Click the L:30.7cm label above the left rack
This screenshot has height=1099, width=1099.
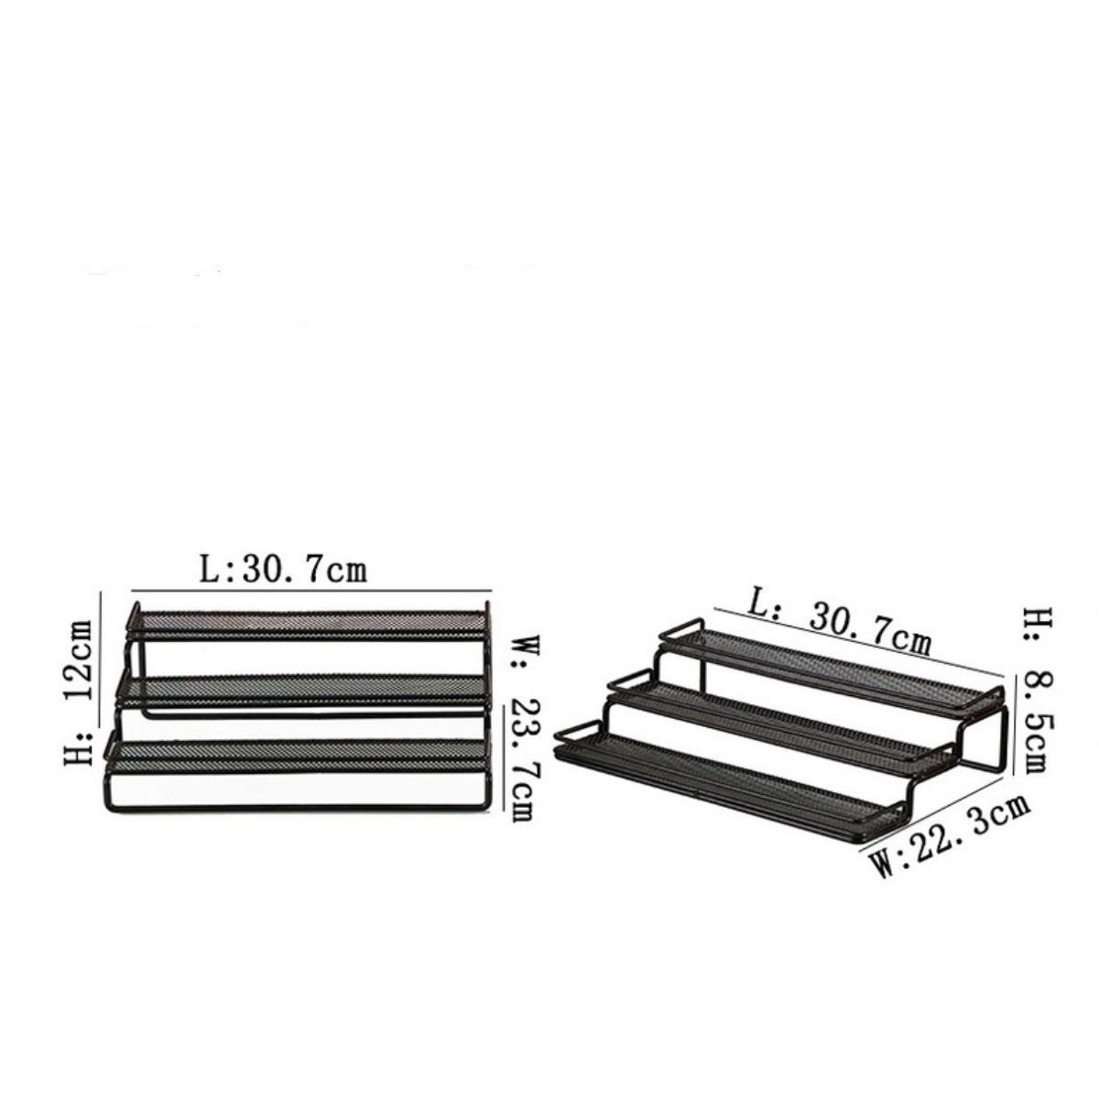tap(283, 570)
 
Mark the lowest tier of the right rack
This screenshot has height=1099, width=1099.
tap(733, 778)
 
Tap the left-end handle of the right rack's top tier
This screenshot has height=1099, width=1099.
tap(675, 632)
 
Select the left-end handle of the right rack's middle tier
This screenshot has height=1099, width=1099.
tap(624, 682)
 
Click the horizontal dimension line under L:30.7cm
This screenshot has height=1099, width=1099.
tap(311, 592)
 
